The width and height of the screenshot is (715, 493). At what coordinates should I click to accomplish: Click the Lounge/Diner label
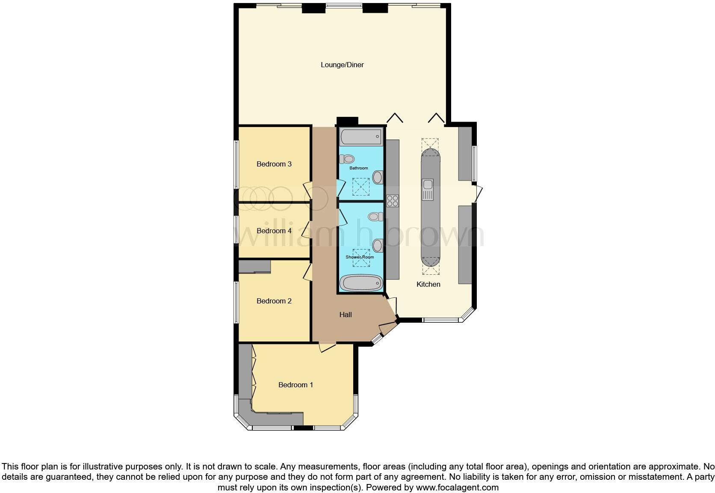(342, 65)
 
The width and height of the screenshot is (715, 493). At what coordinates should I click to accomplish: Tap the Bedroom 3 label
(274, 164)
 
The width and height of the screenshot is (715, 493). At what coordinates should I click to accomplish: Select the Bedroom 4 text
(274, 231)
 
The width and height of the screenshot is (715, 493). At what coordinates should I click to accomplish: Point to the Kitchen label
(428, 285)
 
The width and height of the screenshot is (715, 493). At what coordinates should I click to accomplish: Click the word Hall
(346, 315)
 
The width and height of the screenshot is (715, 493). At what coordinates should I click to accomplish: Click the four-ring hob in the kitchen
(393, 201)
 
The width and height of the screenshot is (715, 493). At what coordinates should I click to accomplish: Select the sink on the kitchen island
(428, 190)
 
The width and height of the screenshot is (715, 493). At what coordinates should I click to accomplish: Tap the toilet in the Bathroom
(347, 159)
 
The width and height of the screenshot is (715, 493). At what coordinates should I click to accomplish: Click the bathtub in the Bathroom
(360, 137)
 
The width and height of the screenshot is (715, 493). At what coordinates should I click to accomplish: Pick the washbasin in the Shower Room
(378, 246)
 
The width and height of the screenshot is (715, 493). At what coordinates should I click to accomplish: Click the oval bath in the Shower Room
(361, 283)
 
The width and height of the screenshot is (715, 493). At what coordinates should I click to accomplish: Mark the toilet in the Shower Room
(375, 217)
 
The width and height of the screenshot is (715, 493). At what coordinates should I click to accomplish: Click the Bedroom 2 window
(236, 302)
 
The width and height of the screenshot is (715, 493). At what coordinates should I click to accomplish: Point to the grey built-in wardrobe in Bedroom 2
(254, 267)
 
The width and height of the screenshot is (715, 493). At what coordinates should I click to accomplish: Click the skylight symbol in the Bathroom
(360, 186)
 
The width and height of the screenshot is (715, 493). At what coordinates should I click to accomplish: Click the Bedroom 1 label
(295, 385)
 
